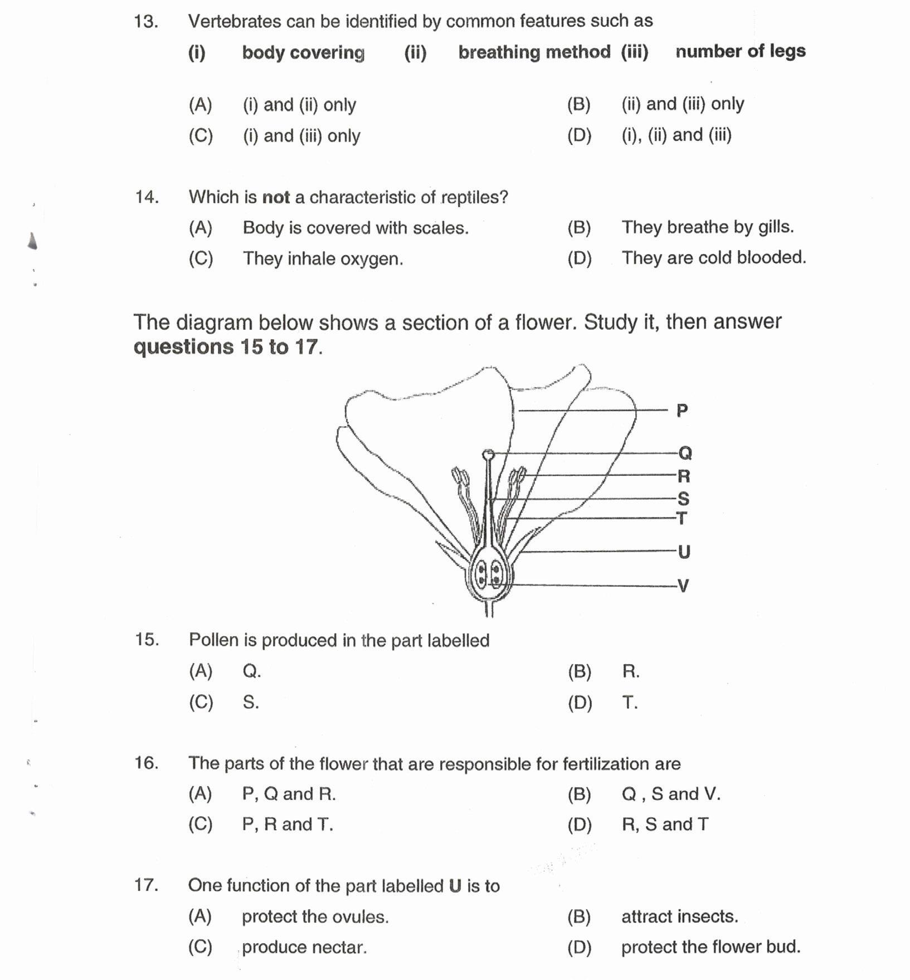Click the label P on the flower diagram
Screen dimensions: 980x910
pos(682,411)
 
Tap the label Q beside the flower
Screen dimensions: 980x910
pos(685,453)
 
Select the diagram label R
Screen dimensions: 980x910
pos(684,476)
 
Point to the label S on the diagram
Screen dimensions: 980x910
pos(683,499)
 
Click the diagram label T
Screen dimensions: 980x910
pos(682,518)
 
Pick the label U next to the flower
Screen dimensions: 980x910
pos(684,552)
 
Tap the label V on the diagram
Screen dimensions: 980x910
pos(683,586)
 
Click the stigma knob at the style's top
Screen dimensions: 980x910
pos(488,455)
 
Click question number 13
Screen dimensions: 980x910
pos(146,22)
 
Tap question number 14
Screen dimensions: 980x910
pos(147,197)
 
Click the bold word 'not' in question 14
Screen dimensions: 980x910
pos(276,197)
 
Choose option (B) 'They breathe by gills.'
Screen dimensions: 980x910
pos(707,227)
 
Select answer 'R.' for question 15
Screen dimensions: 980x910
pos(630,671)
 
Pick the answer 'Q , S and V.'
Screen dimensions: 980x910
pos(670,793)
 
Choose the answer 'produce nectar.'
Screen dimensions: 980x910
pos(304,947)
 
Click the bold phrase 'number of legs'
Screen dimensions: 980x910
pos(740,51)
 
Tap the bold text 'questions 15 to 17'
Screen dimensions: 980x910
pos(227,347)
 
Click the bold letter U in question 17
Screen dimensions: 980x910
pos(455,886)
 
